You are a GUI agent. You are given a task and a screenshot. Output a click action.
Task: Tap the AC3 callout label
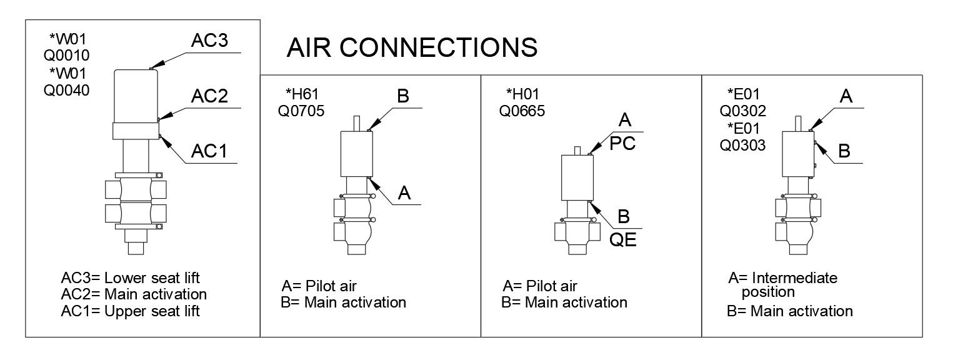[210, 41]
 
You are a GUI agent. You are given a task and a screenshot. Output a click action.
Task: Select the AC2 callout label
[210, 97]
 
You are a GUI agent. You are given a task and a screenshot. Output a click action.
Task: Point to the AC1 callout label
[209, 151]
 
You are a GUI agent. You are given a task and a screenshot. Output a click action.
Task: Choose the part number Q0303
[743, 145]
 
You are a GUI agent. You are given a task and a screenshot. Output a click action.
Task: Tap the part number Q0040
[66, 90]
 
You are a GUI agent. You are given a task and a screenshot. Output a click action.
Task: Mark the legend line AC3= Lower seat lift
[131, 277]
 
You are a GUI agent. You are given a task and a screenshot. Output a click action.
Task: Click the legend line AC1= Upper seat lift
[131, 311]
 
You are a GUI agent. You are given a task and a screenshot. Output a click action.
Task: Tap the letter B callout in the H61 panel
[403, 96]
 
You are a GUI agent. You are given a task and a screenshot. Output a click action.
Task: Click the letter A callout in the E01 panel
[846, 96]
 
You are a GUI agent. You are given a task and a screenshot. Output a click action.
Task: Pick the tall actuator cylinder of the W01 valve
[136, 96]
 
